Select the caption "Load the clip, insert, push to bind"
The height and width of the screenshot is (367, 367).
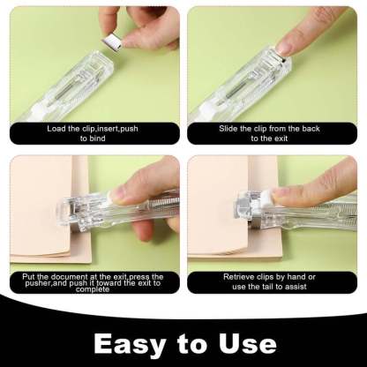click(x=93, y=132)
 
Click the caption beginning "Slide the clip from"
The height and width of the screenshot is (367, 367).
click(x=273, y=132)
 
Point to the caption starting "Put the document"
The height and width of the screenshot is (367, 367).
click(x=93, y=282)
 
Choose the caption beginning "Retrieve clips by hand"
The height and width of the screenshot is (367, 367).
click(x=273, y=281)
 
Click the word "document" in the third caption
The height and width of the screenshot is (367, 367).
click(x=73, y=277)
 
